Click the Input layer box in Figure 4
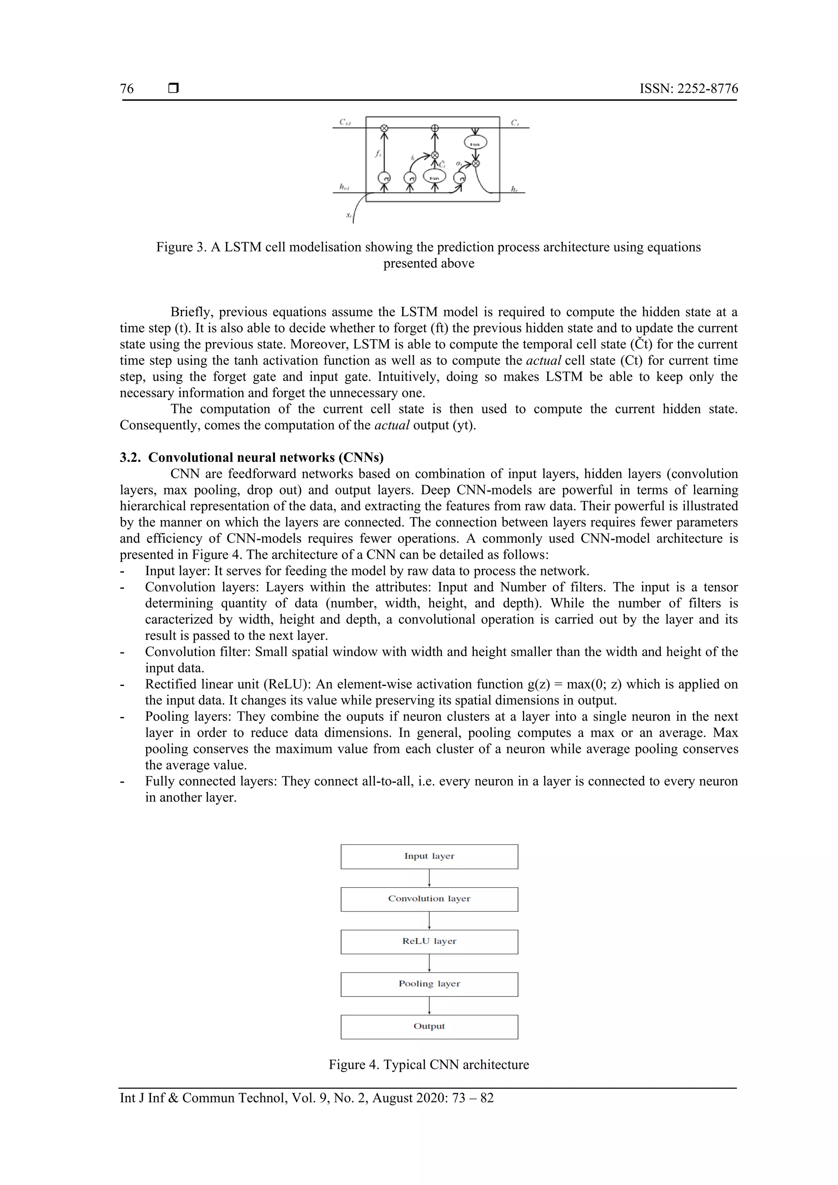tap(429, 856)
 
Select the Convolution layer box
tap(429, 899)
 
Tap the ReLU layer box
tap(429, 941)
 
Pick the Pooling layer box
tap(429, 984)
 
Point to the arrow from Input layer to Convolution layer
tap(429, 878)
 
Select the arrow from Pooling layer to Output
tap(429, 1005)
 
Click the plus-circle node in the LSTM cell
tap(435, 128)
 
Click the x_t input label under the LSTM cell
tap(349, 215)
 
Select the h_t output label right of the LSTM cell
tap(514, 189)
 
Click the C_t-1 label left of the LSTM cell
tap(345, 122)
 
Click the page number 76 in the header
tap(127, 89)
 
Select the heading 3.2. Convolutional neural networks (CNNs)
tap(252, 457)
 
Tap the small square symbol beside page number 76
tap(173, 88)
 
